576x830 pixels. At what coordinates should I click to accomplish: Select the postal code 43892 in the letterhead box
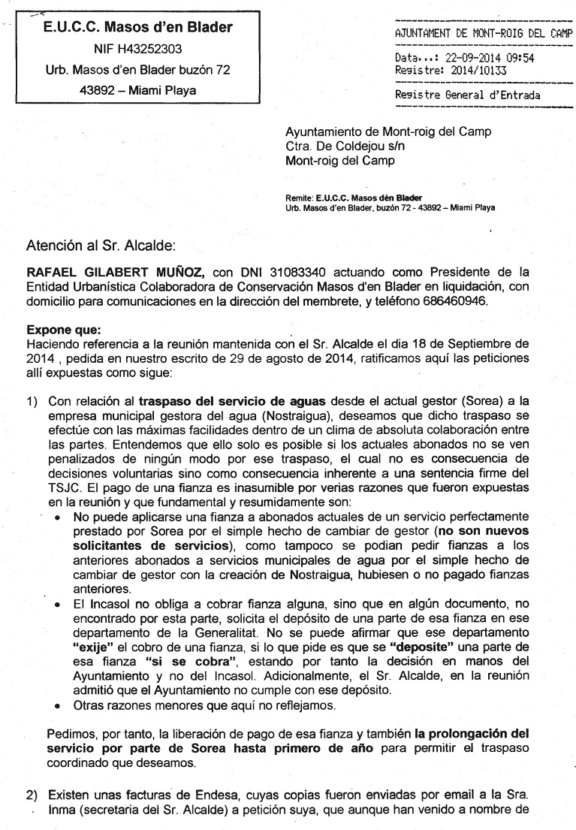95,91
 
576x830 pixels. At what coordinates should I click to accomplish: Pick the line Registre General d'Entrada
467,95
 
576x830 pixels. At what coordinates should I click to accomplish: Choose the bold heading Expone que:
59,328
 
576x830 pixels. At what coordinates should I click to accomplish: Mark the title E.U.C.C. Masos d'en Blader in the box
137,28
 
